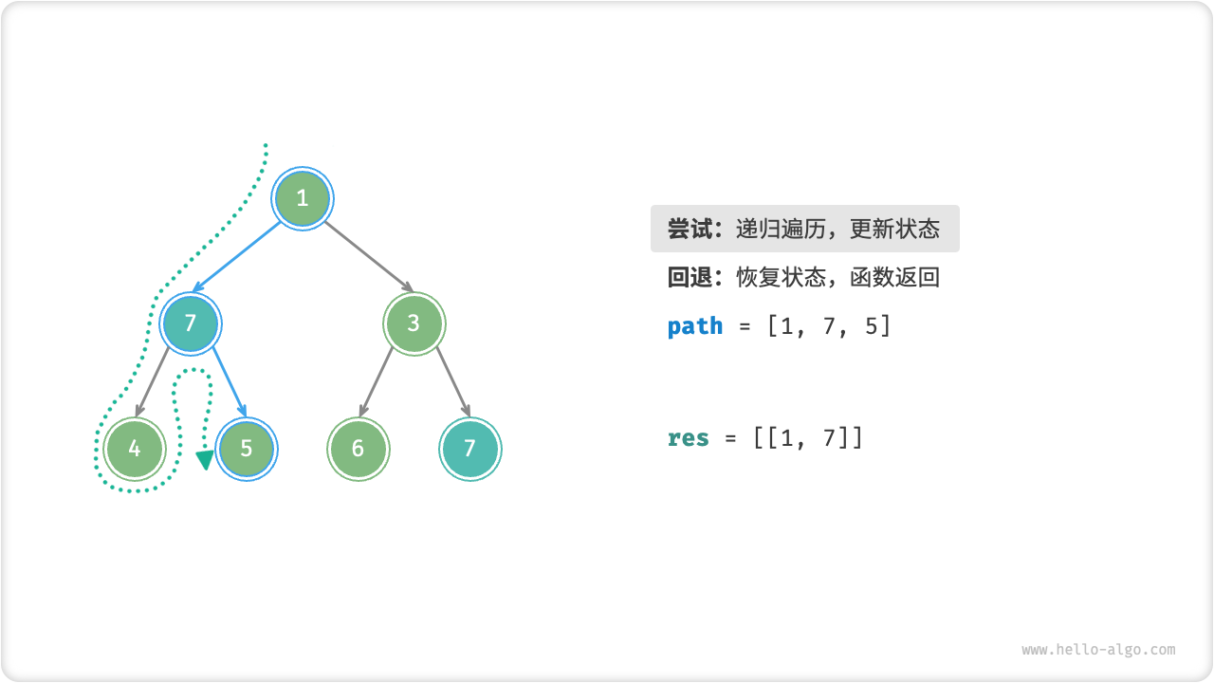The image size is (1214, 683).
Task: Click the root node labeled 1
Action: tap(303, 198)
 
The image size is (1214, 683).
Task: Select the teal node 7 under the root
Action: tap(191, 323)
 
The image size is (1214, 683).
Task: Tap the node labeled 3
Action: tap(414, 323)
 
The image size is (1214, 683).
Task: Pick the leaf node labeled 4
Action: tap(135, 449)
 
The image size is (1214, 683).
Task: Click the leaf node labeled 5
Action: tap(247, 449)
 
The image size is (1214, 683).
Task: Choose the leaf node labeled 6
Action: tap(358, 449)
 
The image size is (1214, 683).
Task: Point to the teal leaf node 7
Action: tap(469, 449)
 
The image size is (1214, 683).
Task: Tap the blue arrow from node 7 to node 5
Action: tap(229, 381)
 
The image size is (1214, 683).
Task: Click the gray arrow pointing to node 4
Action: tap(153, 381)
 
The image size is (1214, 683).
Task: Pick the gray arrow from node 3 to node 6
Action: tap(377, 381)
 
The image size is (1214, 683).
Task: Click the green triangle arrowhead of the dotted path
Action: tap(205, 461)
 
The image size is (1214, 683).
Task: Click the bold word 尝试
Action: tap(690, 229)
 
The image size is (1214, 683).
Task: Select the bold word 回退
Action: tap(690, 277)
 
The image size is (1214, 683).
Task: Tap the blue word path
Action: tap(695, 326)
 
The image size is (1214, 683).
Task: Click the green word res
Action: tap(689, 438)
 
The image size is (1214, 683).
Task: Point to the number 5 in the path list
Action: tap(871, 326)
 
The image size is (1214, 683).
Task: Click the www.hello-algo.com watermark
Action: tap(1098, 650)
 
